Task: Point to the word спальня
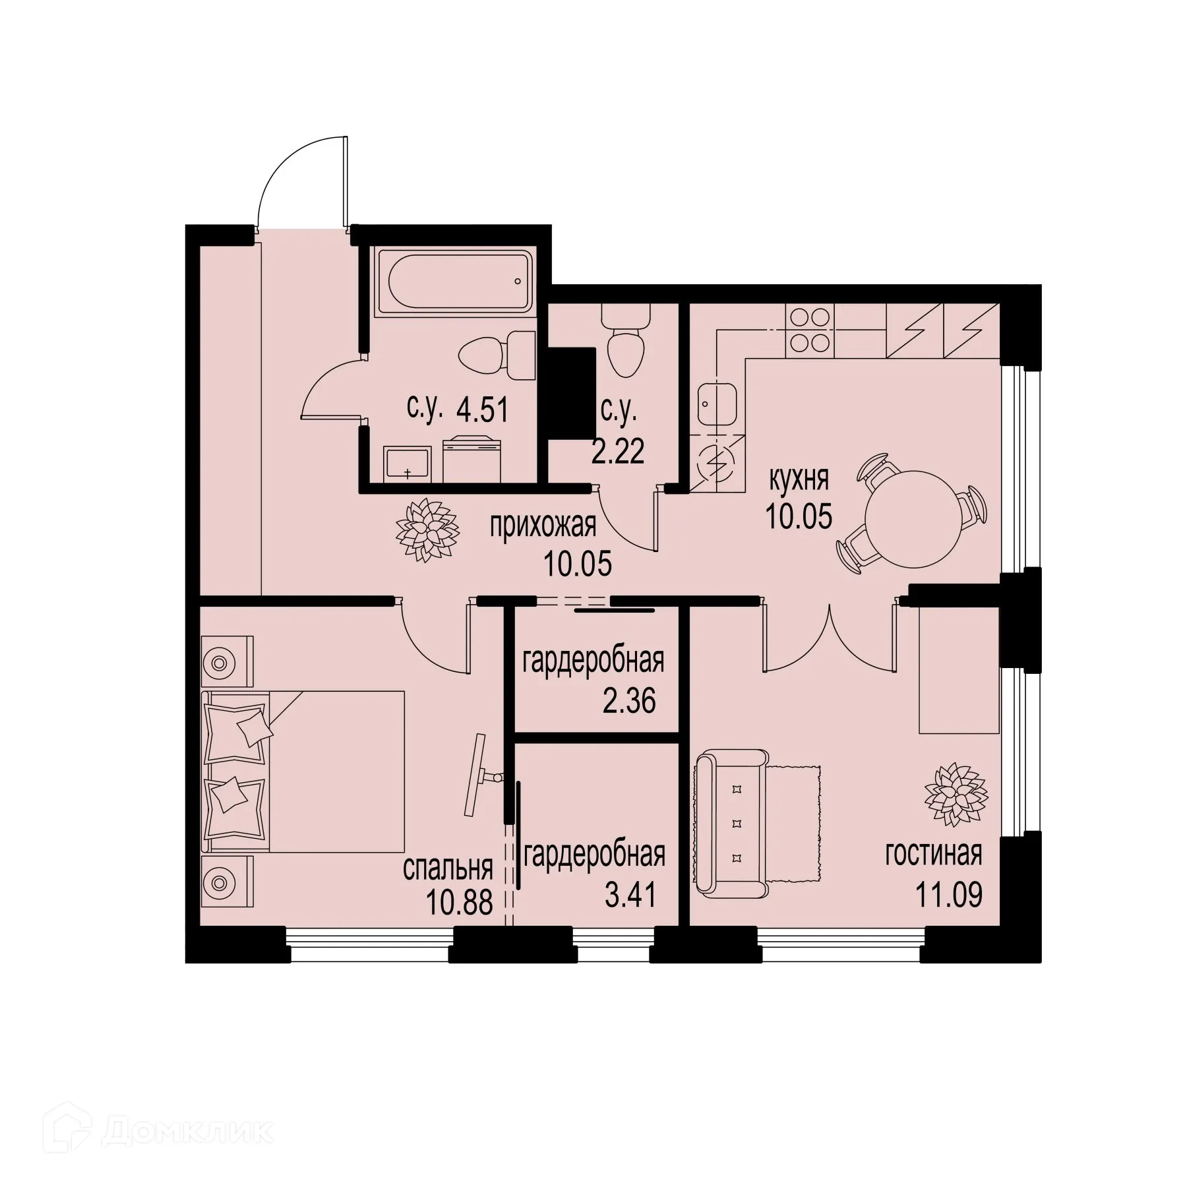point(448,868)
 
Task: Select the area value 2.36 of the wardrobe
point(629,702)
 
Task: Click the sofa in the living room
point(732,824)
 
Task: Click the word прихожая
point(542,526)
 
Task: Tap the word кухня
point(799,479)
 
